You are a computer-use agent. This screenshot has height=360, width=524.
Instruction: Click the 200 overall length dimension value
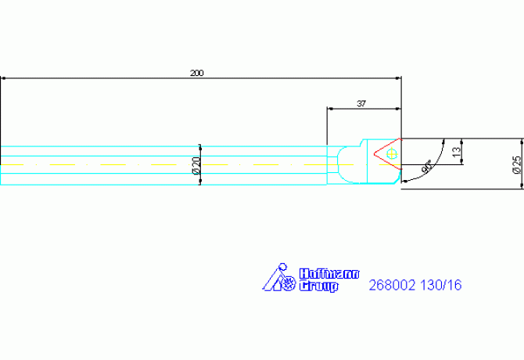coord(196,73)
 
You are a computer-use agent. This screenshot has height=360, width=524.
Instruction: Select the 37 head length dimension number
coord(361,103)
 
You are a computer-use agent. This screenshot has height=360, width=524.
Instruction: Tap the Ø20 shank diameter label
coord(196,165)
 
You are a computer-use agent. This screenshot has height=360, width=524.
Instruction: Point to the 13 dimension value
coord(457,152)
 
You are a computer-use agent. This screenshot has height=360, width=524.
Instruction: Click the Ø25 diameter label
coord(517,164)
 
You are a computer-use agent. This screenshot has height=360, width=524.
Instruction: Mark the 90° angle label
coord(426,167)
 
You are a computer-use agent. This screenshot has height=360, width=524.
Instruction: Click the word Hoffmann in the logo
coord(329,274)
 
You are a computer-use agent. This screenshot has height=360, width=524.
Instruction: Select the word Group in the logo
coord(318,286)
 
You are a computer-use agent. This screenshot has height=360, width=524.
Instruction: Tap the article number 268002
coord(392,285)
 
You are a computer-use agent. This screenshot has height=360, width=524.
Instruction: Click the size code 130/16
coord(440,285)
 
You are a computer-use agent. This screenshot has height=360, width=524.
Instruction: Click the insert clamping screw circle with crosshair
coord(391,154)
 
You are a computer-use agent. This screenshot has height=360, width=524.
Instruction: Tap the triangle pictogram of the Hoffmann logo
coord(273,279)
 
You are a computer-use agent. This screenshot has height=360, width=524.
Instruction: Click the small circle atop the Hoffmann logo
coord(282,267)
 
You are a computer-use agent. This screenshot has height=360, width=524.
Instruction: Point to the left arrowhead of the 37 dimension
coord(330,109)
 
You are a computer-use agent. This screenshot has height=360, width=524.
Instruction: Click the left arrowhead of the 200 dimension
coord(3,78)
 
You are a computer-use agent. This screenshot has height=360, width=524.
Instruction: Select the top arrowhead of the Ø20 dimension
coord(200,147)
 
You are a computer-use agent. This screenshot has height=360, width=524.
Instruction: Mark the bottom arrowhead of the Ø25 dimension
coord(522,185)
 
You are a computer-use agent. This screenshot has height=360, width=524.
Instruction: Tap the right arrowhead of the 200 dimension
coord(398,78)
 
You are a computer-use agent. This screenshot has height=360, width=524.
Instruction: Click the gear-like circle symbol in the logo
coord(289,284)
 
